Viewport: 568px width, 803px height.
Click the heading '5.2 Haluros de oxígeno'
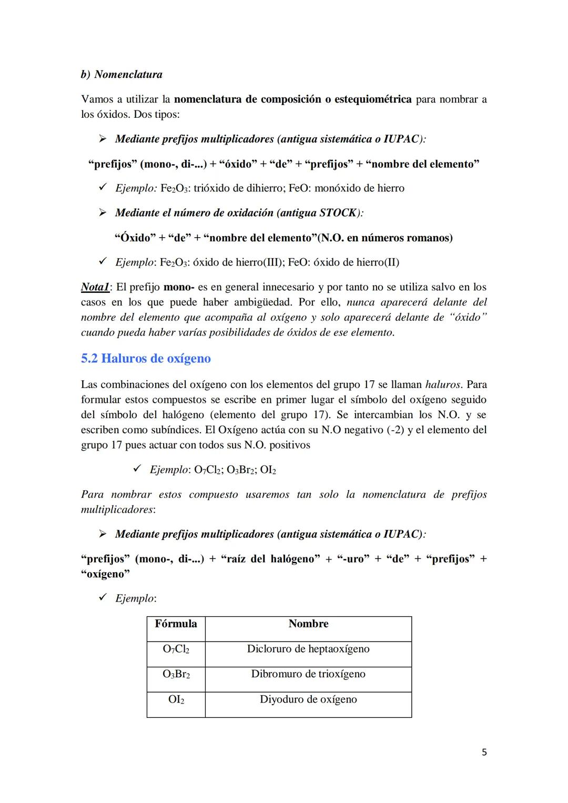[146, 359]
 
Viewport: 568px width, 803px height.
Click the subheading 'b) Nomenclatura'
[121, 74]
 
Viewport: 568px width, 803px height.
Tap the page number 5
[484, 752]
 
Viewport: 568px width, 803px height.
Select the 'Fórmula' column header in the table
[176, 624]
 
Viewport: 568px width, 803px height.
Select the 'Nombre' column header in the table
[308, 624]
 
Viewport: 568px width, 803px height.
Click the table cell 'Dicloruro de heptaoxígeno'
[308, 649]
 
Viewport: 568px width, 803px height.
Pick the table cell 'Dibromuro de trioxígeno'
[308, 674]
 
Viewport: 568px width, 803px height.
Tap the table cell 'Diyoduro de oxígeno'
[308, 699]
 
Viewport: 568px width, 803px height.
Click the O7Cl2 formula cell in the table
[176, 649]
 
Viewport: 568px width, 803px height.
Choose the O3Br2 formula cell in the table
[176, 674]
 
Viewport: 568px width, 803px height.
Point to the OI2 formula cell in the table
[176, 700]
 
